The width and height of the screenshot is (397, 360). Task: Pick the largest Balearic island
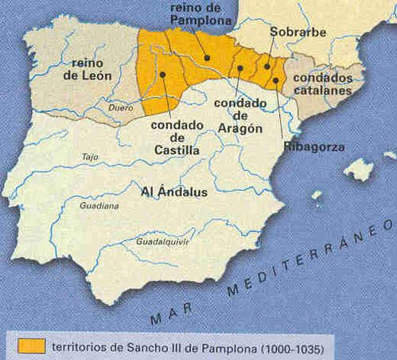pos(360,168)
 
